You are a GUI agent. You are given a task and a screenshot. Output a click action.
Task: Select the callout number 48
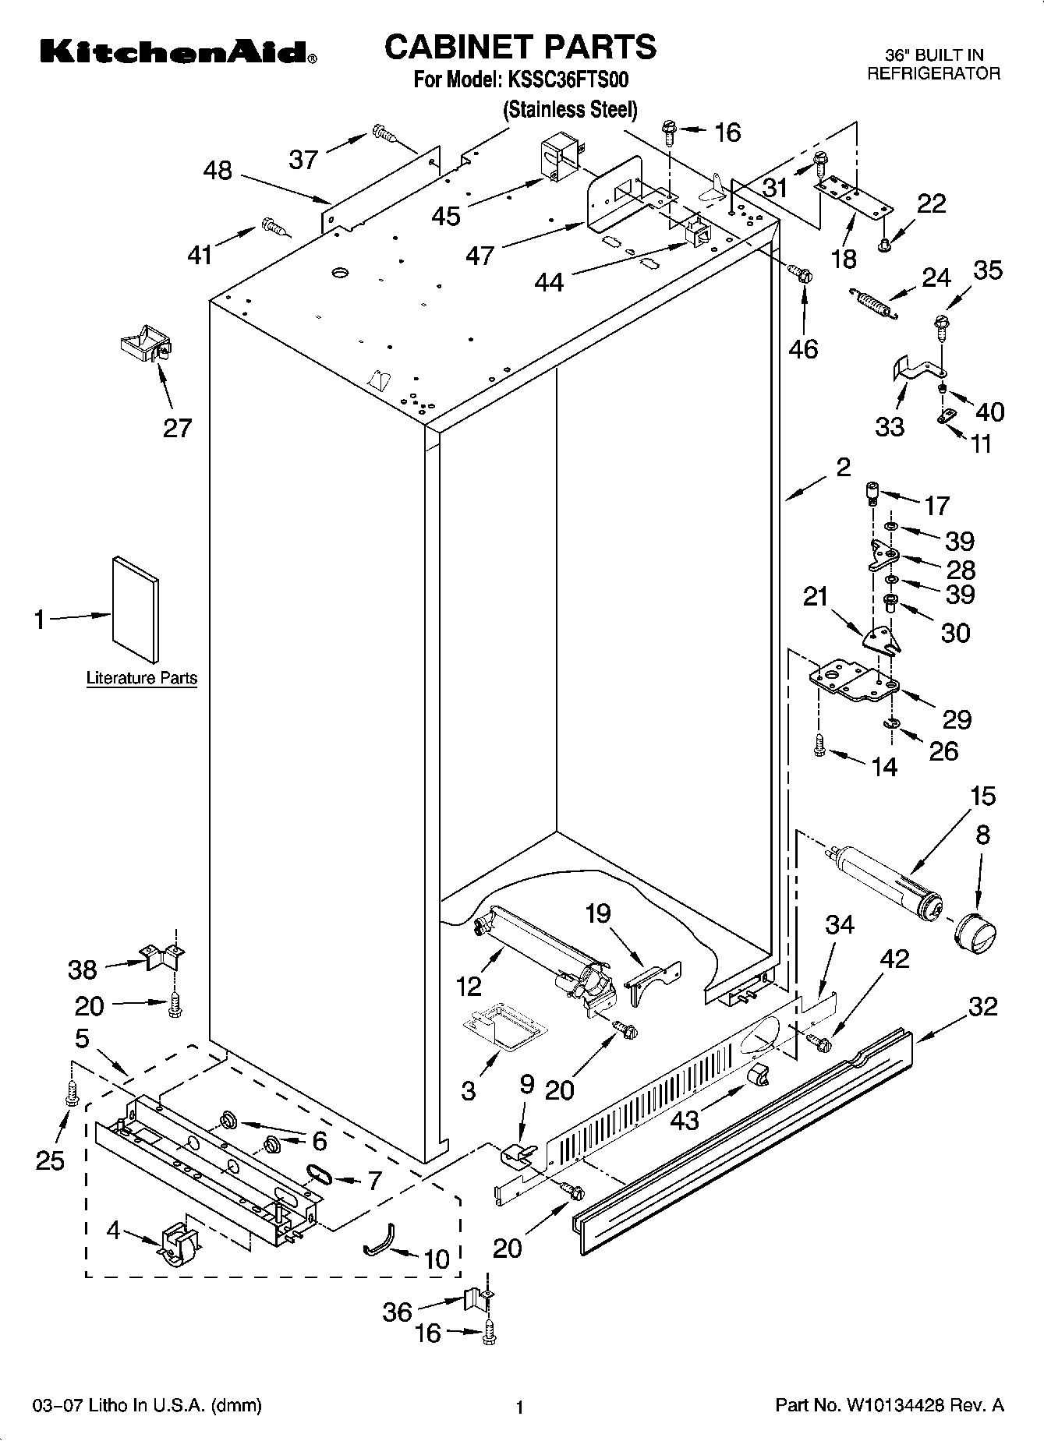pyautogui.click(x=218, y=170)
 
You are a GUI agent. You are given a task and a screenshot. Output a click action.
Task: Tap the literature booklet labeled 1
pyautogui.click(x=136, y=608)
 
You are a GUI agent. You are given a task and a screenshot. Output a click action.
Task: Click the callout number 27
pyautogui.click(x=177, y=428)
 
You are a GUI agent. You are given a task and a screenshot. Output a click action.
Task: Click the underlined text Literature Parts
pyautogui.click(x=141, y=678)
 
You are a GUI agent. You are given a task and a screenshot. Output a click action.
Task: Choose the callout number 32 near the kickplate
pyautogui.click(x=982, y=1006)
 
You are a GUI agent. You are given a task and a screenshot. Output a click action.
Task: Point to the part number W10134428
pyautogui.click(x=894, y=1406)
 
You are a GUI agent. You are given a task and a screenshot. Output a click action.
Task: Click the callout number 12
pyautogui.click(x=469, y=986)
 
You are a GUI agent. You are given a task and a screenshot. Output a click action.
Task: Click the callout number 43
pyautogui.click(x=685, y=1120)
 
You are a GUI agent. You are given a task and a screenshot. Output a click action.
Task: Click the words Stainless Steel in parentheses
pyautogui.click(x=569, y=110)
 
